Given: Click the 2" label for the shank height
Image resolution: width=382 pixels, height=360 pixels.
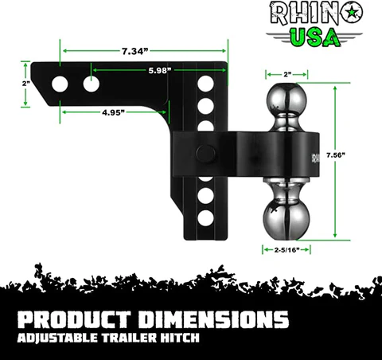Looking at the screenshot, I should coord(26,83).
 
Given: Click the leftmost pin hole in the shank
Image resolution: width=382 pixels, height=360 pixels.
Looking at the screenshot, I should coord(60,83).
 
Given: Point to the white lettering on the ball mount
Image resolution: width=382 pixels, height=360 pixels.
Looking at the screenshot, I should coord(314,156).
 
